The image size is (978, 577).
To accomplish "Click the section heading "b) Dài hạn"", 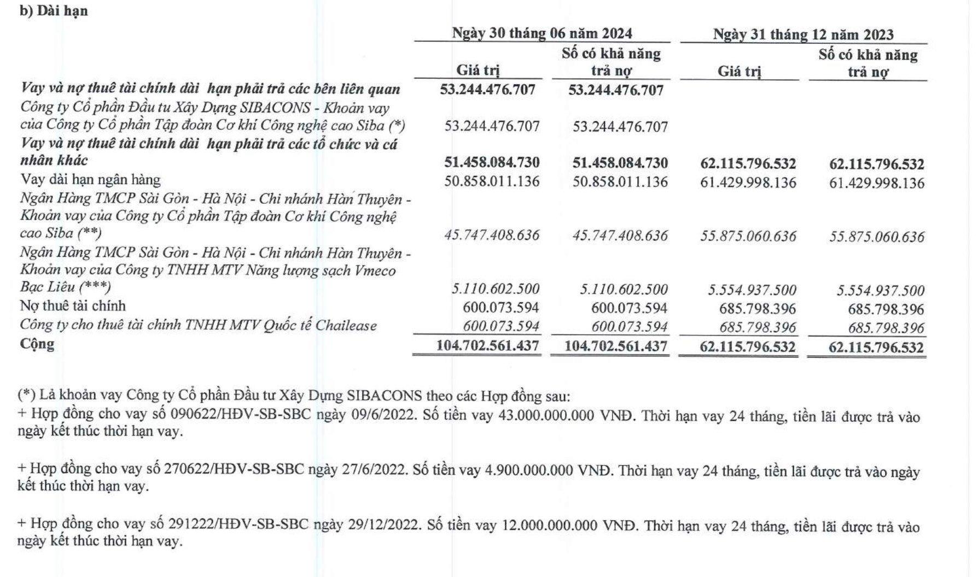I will tap(54, 11).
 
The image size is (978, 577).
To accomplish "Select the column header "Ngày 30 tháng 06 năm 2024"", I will tap(542, 33).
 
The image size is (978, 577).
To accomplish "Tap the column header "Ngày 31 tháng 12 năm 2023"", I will tap(803, 34).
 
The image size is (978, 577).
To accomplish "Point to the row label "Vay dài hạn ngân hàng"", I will tap(90, 179).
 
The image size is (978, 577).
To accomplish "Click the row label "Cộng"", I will tap(37, 344).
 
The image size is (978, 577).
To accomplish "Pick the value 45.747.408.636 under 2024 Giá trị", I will tap(492, 235).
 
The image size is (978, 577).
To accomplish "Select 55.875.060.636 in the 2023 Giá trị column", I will tap(748, 236).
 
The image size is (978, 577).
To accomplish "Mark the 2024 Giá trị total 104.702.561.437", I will tap(487, 345).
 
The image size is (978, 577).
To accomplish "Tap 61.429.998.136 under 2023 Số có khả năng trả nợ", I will tap(877, 182).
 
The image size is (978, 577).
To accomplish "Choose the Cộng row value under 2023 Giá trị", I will tap(748, 347).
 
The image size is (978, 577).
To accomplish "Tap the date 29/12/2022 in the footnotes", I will tap(383, 525).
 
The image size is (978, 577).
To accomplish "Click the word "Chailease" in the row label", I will tap(346, 326).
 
